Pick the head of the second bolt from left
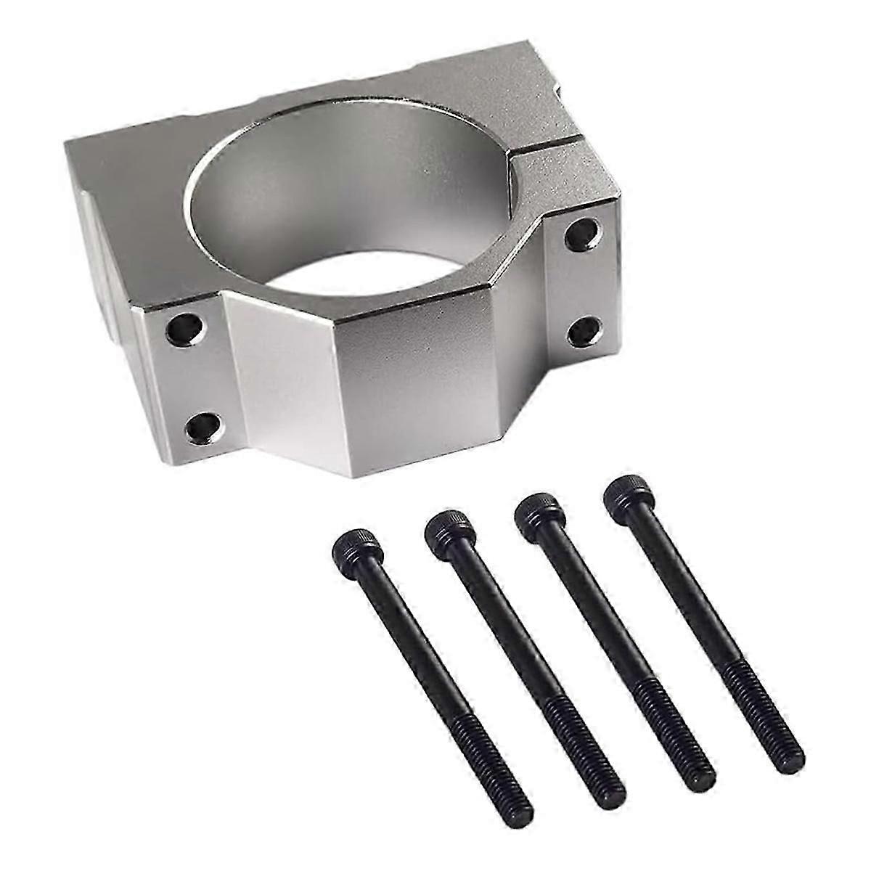point(449,523)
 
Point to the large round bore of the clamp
point(348,218)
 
